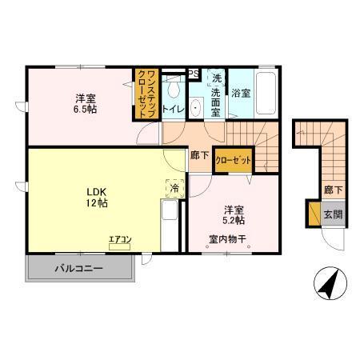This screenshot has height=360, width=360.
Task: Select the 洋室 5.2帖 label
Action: point(234,214)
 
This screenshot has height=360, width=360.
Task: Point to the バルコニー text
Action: point(79,268)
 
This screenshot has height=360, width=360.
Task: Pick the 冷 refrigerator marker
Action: point(174,188)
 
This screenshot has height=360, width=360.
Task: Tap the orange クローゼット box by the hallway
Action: point(234,161)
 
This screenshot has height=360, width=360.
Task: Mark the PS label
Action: point(193,74)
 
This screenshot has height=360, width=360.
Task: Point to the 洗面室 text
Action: point(215,96)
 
